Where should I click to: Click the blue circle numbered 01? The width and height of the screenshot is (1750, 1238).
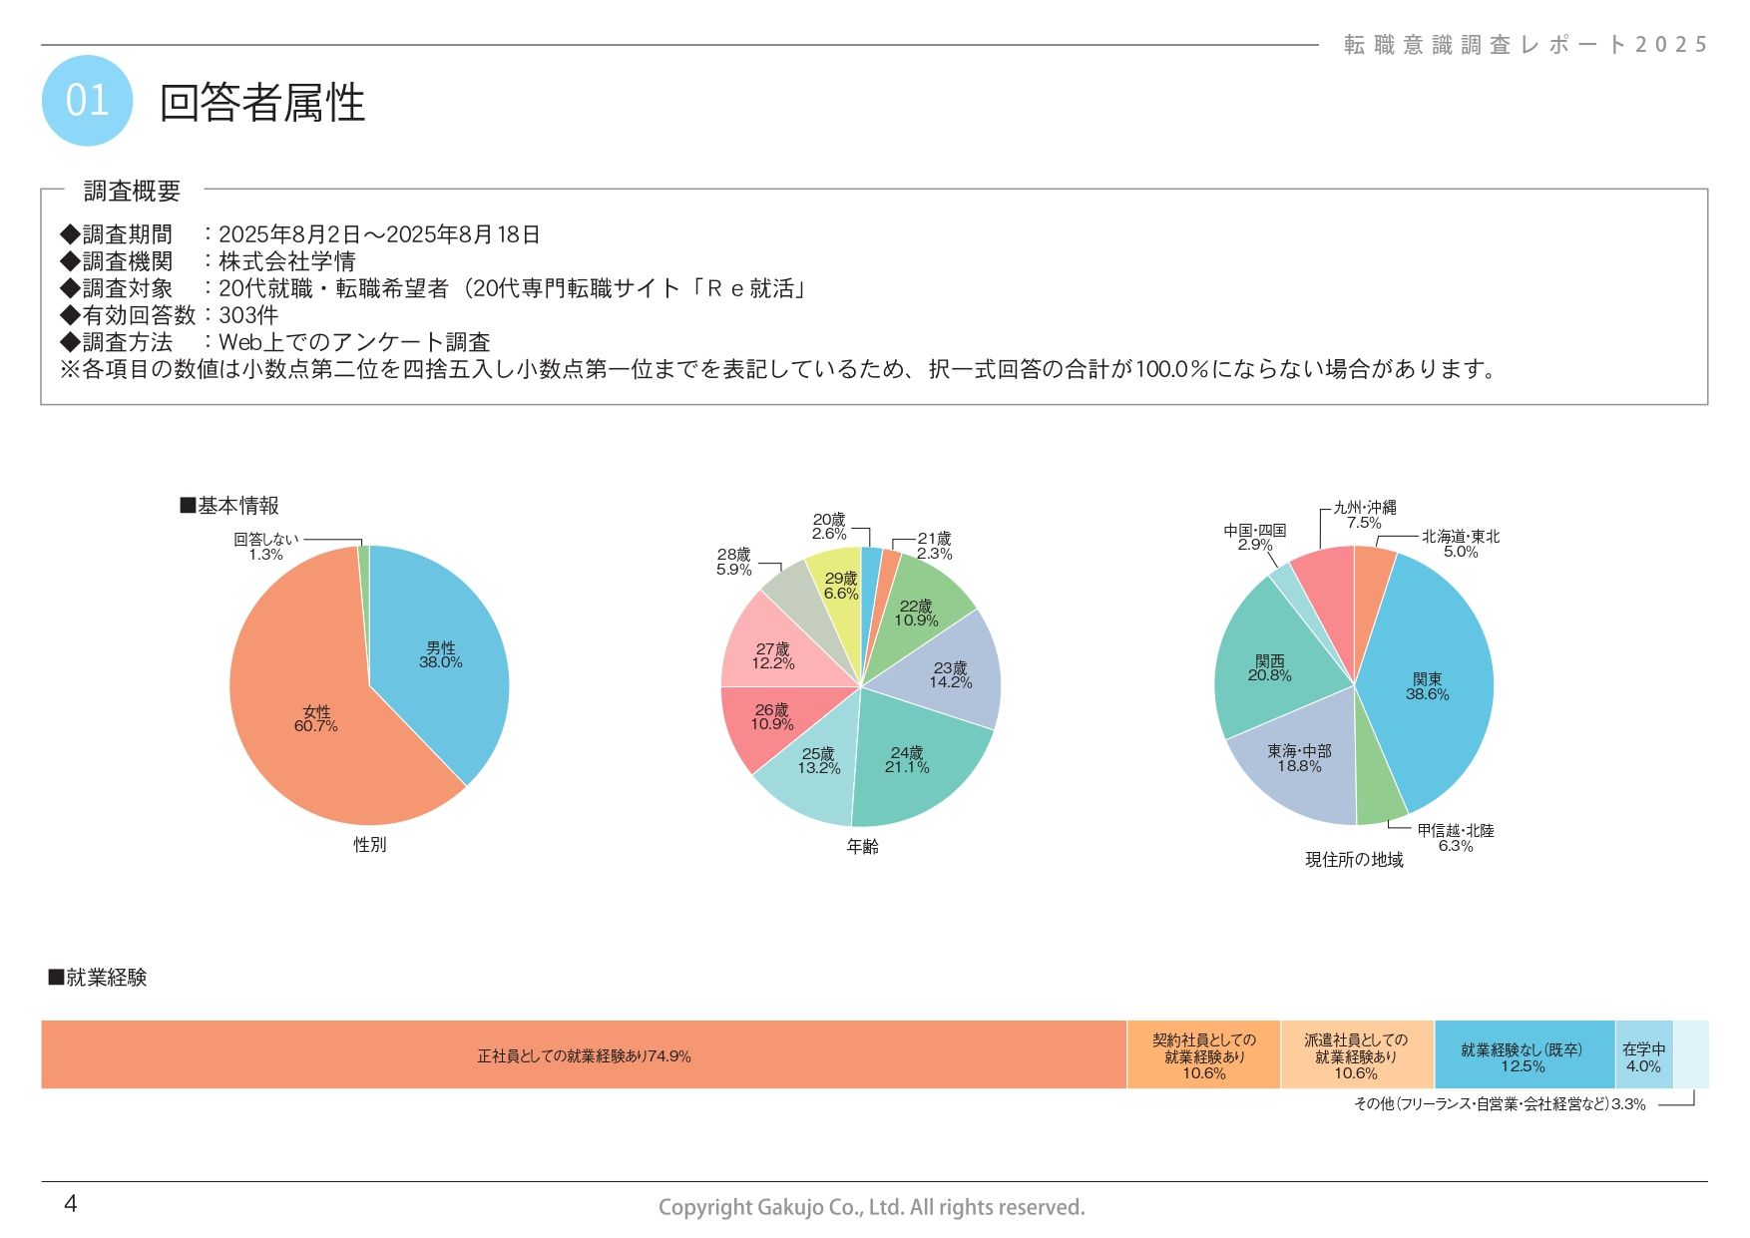pyautogui.click(x=87, y=101)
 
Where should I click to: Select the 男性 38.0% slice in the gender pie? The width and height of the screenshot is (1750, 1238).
pyautogui.click(x=440, y=655)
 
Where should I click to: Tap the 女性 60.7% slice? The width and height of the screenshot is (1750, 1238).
pyautogui.click(x=316, y=718)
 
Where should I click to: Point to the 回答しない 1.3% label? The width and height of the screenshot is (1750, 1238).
pyautogui.click(x=266, y=547)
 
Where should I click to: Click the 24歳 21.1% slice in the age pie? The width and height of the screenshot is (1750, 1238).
pyautogui.click(x=907, y=760)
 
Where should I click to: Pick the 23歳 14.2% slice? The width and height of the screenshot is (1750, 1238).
pyautogui.click(x=950, y=675)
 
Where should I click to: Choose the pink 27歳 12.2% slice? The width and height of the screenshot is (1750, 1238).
pyautogui.click(x=772, y=656)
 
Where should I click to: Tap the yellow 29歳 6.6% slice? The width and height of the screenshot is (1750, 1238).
pyautogui.click(x=841, y=586)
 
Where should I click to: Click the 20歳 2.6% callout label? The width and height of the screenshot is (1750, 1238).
pyautogui.click(x=829, y=527)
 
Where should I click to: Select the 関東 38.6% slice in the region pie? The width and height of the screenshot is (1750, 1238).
pyautogui.click(x=1427, y=686)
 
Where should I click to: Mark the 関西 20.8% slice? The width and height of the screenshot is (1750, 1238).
pyautogui.click(x=1269, y=668)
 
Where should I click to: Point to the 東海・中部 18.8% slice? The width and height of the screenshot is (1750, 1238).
pyautogui.click(x=1299, y=758)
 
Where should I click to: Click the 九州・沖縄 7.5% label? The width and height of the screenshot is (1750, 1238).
pyautogui.click(x=1364, y=515)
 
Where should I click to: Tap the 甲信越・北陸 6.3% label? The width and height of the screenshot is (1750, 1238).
pyautogui.click(x=1455, y=838)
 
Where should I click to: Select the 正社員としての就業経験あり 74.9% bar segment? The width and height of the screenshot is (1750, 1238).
pyautogui.click(x=584, y=1055)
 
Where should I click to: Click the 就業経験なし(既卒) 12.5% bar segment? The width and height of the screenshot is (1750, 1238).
pyautogui.click(x=1523, y=1057)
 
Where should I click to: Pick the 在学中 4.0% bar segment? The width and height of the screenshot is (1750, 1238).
pyautogui.click(x=1643, y=1057)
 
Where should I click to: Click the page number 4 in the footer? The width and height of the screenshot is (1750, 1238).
pyautogui.click(x=70, y=1204)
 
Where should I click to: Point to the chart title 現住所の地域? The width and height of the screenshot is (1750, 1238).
pyautogui.click(x=1354, y=860)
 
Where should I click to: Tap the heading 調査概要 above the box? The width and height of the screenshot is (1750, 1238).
pyautogui.click(x=132, y=191)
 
